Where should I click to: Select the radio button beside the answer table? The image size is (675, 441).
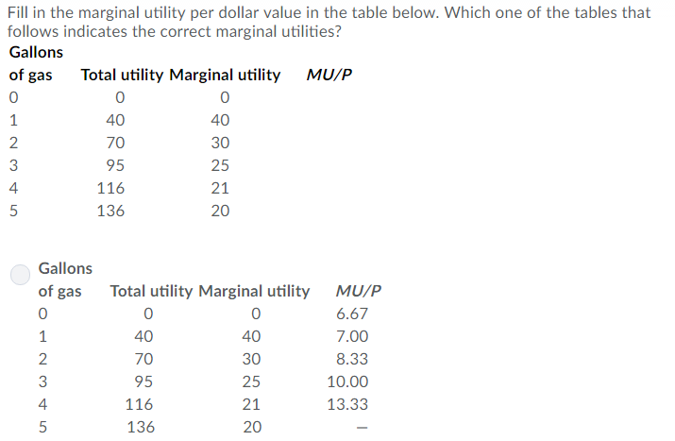pos(22,274)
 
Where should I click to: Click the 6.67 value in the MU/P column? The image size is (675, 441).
pos(352,314)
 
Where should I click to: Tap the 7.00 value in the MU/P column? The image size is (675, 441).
pos(352,337)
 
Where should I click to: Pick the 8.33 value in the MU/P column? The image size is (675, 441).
pos(352,360)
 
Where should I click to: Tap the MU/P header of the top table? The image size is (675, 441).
pos(329,76)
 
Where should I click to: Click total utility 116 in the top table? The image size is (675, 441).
pos(110,189)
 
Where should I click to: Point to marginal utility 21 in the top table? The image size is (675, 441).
pos(220,189)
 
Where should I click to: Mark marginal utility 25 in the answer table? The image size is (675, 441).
pos(251,382)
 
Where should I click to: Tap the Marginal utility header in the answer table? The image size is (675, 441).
pos(254,291)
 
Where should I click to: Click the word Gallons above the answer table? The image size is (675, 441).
pos(65,269)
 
